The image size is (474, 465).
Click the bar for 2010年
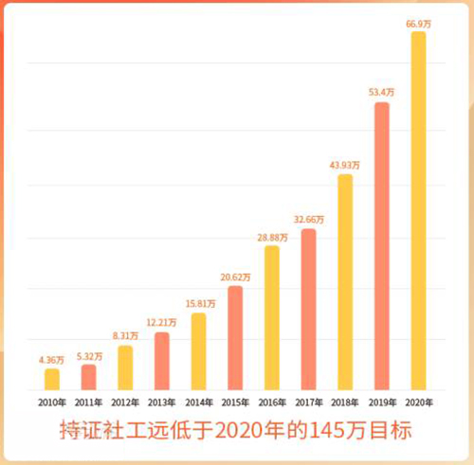(x=52, y=380)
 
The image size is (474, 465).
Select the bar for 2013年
(x=162, y=362)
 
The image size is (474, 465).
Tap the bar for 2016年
(x=272, y=318)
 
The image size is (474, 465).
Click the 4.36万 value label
(x=52, y=360)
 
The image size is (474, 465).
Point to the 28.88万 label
(x=272, y=237)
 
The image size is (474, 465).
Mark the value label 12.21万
(x=162, y=323)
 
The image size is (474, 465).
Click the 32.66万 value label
(x=309, y=220)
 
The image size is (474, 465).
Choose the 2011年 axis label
(x=88, y=402)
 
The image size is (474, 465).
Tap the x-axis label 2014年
(x=198, y=402)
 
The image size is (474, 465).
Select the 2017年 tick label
(x=309, y=402)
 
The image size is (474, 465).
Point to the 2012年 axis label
(x=125, y=402)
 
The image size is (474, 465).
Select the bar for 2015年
(x=235, y=338)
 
